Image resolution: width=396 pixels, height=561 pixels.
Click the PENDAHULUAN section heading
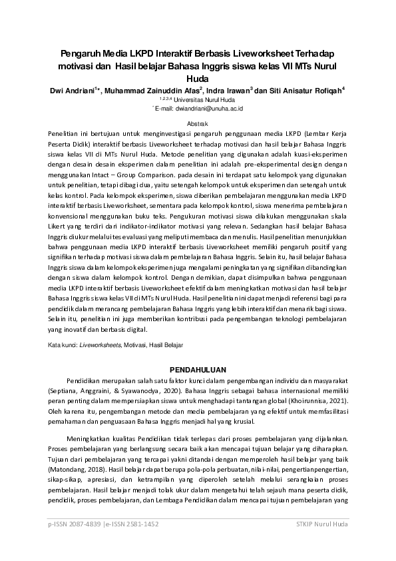(198, 368)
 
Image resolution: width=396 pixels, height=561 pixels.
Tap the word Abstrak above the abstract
(198, 124)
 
